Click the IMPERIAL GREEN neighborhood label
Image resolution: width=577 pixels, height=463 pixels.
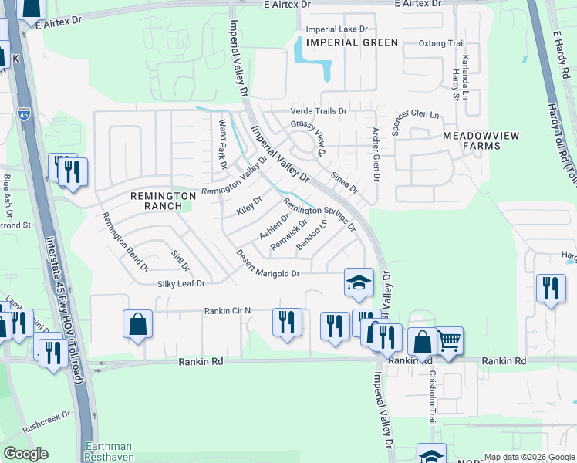pos(352,42)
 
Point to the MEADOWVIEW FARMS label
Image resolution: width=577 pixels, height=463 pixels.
pos(481,136)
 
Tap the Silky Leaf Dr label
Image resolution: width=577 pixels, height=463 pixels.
pos(179,284)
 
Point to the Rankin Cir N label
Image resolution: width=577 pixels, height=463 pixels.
pos(228,311)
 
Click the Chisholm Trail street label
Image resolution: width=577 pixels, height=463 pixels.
pos(432,395)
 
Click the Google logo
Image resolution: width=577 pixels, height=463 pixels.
pos(25,454)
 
